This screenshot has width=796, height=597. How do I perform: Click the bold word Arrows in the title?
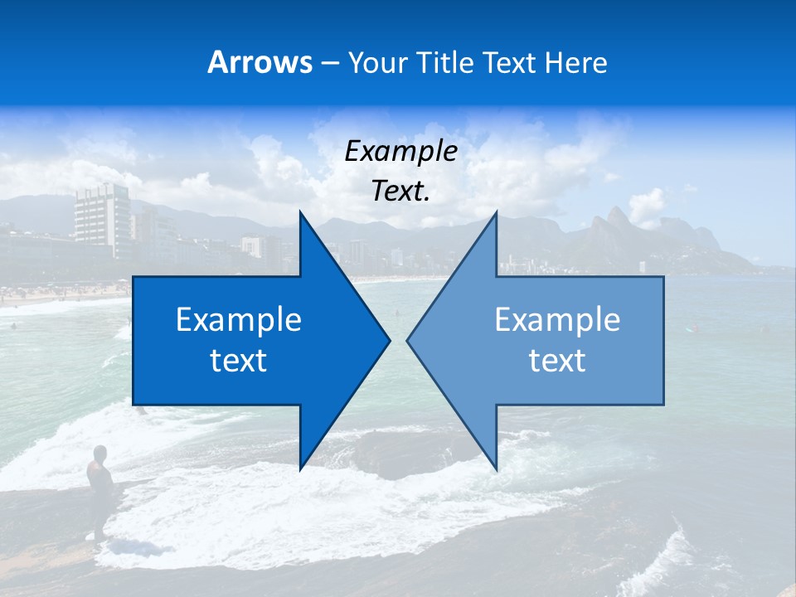pyautogui.click(x=260, y=62)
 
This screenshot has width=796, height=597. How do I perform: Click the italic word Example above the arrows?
pyautogui.click(x=400, y=152)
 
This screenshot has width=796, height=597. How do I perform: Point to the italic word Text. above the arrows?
pyautogui.click(x=400, y=192)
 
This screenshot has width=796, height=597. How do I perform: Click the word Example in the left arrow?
pyautogui.click(x=239, y=320)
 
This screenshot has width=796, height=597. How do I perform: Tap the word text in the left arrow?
pyautogui.click(x=239, y=361)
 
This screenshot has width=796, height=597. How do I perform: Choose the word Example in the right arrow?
pyautogui.click(x=557, y=320)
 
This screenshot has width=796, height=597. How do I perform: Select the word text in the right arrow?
pyautogui.click(x=557, y=361)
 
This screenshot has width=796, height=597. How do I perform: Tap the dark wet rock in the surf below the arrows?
pyautogui.click(x=398, y=452)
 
